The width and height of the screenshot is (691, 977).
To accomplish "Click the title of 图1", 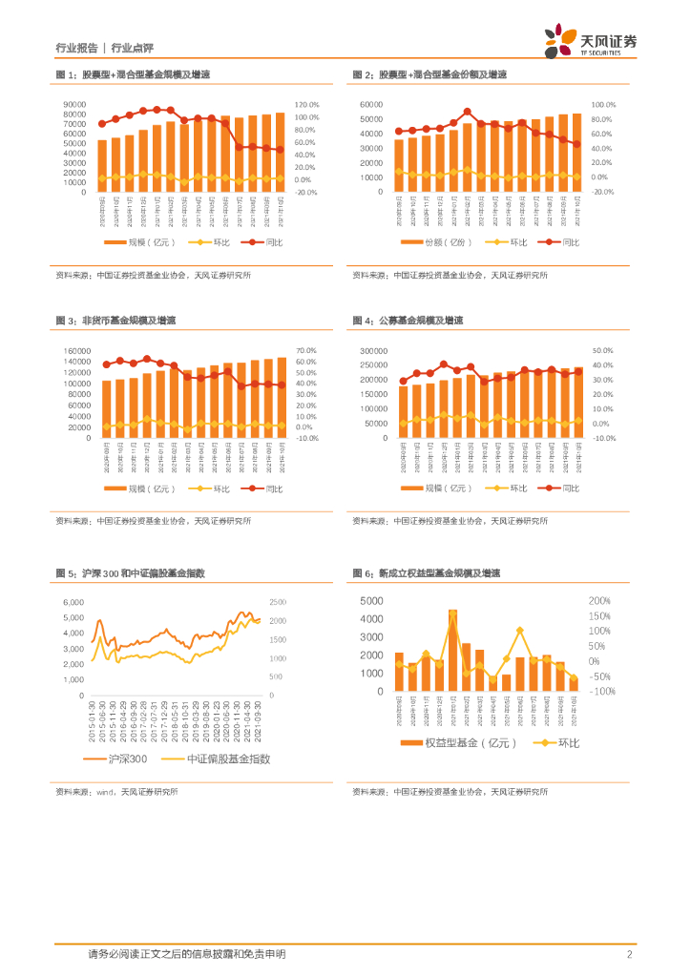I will coord(133,74).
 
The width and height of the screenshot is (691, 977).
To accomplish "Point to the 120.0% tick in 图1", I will coord(306,104).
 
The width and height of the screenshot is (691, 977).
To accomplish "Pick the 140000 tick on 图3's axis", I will coord(76,350).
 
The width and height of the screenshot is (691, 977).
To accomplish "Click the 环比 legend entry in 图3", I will coord(221,488).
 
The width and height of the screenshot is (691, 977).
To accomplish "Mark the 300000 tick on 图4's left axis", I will coord(371,350).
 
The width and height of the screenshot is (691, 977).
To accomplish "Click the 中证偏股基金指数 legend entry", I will coord(229,759).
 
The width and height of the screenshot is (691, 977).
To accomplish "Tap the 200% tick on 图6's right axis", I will coord(599,601).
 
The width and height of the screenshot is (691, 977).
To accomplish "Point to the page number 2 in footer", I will coord(630,954).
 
